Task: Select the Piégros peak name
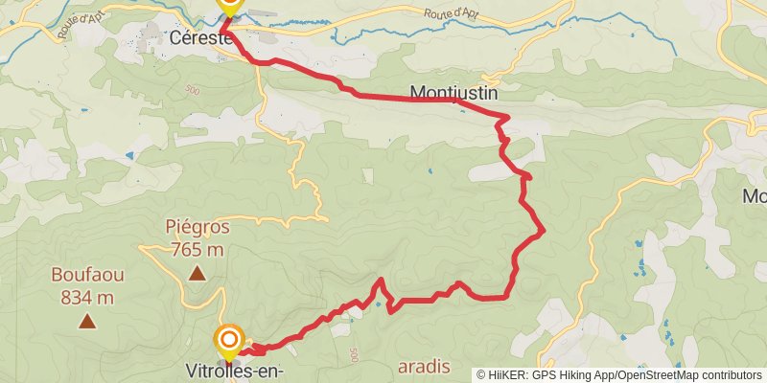point(198,228)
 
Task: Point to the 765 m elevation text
point(198,249)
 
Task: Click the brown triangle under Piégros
point(198,275)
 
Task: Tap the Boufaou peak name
point(87,276)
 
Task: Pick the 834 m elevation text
point(87,297)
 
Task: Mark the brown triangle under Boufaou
point(87,322)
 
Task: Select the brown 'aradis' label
point(424,368)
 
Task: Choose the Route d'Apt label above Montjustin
point(451,12)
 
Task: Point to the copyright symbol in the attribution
point(482,375)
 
